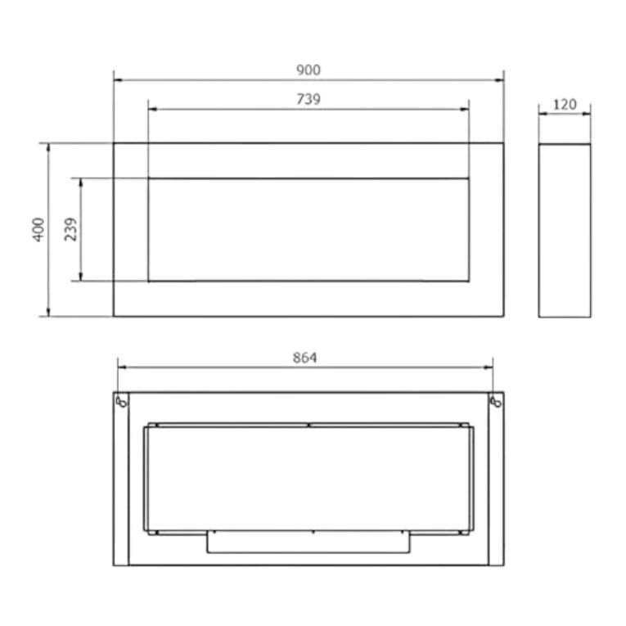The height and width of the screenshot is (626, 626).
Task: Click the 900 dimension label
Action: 308,70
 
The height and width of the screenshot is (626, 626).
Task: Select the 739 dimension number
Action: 308,99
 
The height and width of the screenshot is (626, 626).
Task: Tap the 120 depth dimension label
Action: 565,105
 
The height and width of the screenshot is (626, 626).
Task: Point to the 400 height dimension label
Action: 38,229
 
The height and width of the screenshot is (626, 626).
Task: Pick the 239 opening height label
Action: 70,229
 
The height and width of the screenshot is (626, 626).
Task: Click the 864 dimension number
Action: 304,358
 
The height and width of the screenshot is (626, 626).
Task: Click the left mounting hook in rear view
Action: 121,401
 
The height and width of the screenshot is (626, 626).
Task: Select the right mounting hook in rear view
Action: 495,401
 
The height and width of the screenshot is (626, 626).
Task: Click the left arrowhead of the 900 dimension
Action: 118,80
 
